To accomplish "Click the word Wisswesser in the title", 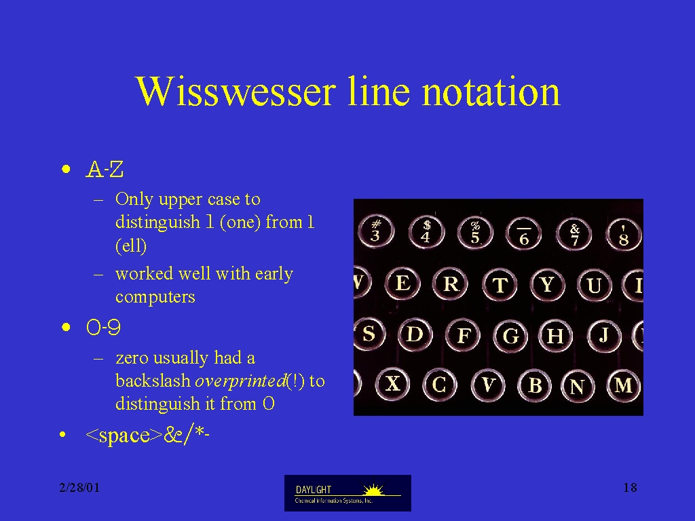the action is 236,92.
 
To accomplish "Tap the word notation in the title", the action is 491,92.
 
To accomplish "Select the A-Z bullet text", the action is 105,169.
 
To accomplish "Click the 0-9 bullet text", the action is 103,328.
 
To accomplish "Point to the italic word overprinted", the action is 240,381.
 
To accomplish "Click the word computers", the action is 155,296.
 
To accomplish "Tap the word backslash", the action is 153,381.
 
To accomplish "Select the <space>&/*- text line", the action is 147,435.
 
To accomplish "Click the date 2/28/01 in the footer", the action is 80,488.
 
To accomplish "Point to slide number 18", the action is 630,488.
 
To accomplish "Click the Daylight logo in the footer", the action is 347,493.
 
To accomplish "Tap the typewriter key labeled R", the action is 451,284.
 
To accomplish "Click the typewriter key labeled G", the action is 510,336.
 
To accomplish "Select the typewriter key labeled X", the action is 393,384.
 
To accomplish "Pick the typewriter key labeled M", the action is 624,385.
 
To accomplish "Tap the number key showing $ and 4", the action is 426,232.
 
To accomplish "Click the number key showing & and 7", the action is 574,234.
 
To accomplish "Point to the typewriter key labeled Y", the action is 548,284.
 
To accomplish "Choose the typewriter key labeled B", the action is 535,385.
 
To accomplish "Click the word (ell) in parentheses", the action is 131,246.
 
